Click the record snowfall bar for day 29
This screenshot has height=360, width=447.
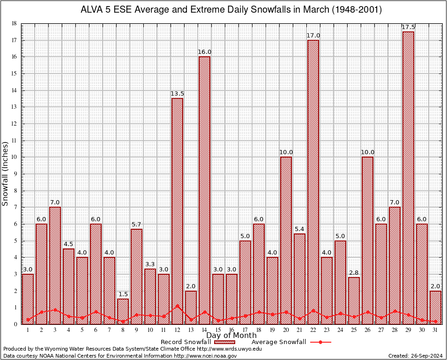point(408,178)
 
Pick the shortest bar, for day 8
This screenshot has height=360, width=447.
point(123,311)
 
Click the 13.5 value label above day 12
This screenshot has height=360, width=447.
point(177,94)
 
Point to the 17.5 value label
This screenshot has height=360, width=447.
point(408,27)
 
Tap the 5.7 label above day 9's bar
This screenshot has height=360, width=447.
point(136,225)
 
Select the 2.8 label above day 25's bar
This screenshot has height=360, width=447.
point(354,273)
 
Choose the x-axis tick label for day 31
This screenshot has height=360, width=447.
point(435,330)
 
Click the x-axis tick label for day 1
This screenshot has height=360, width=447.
point(28,330)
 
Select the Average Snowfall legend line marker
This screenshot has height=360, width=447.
point(320,342)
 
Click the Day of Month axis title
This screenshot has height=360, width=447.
point(231,336)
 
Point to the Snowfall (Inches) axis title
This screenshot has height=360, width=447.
point(5,173)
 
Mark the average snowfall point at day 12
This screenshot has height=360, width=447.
point(177,306)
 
